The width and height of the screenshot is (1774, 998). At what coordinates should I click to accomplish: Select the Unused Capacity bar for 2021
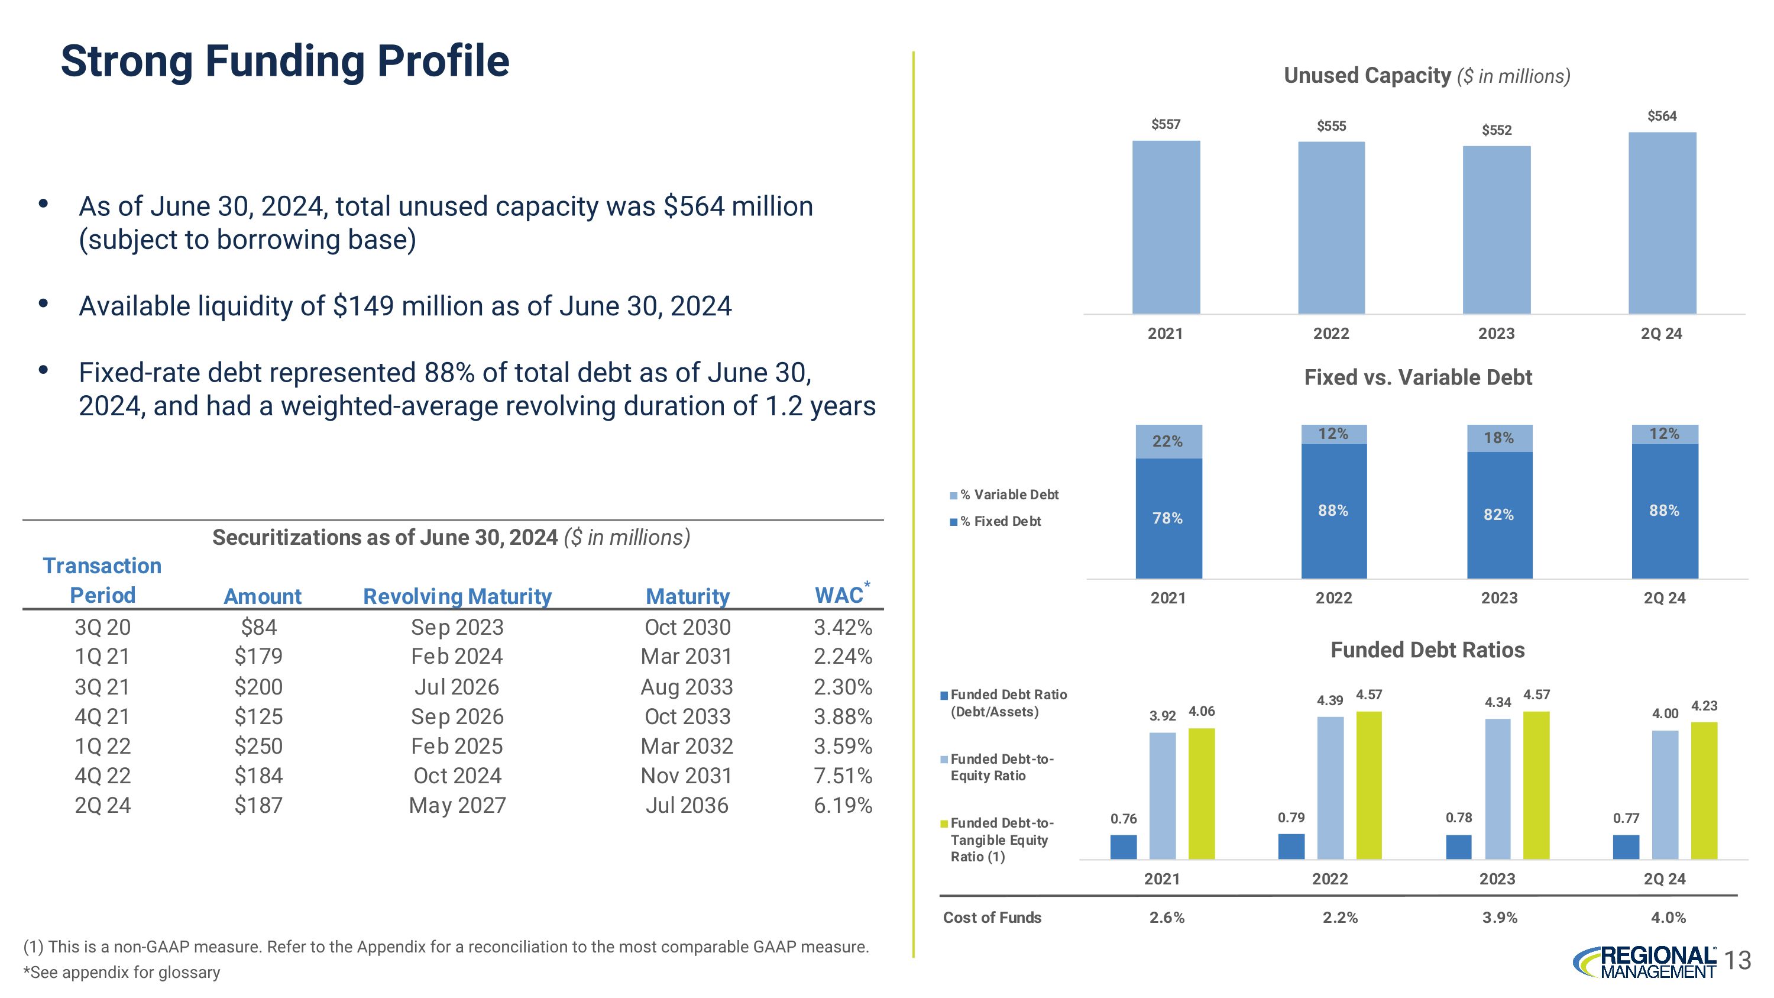[x=1166, y=227]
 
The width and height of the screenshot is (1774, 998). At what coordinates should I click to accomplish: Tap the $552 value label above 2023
[x=1497, y=130]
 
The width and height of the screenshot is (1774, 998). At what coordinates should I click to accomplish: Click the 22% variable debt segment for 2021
[x=1168, y=441]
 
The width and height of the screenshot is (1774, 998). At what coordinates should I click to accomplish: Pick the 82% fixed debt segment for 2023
[x=1499, y=515]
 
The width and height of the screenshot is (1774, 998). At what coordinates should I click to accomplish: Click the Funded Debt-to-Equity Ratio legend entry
[x=998, y=767]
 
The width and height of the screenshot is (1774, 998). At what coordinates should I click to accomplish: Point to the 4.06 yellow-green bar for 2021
[x=1202, y=793]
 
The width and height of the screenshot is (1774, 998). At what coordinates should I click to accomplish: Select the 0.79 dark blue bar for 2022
[x=1291, y=847]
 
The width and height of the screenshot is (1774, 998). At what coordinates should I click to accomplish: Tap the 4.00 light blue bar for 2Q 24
[x=1665, y=795]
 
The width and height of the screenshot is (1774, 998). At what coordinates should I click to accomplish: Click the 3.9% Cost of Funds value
[x=1500, y=918]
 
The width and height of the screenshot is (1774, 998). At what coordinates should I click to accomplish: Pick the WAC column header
[x=840, y=595]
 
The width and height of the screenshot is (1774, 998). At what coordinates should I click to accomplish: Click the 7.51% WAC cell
[x=842, y=776]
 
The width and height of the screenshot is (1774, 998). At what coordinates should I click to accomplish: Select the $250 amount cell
[x=258, y=746]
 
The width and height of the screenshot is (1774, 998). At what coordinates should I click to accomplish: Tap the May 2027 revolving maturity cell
[x=457, y=805]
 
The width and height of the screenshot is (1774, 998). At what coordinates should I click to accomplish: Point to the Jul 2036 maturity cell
[x=687, y=805]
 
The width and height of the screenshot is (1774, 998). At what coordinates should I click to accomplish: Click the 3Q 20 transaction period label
[x=103, y=626]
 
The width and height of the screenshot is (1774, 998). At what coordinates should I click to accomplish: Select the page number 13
[x=1739, y=960]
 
